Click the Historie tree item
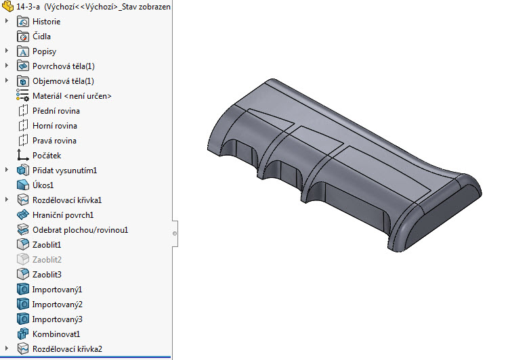tap(46, 22)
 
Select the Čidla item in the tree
tap(41, 37)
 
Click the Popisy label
tap(44, 51)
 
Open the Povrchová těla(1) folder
tap(64, 66)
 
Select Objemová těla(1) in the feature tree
tap(63, 81)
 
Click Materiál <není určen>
tap(72, 96)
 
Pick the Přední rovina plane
tap(56, 111)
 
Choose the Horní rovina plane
tap(54, 126)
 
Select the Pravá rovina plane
tap(54, 141)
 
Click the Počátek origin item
tap(47, 156)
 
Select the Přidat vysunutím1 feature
tap(65, 171)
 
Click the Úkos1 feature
tap(43, 185)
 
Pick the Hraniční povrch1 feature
tap(63, 215)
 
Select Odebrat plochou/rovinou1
tap(80, 230)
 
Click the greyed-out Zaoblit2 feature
tap(47, 260)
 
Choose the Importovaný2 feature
tap(57, 305)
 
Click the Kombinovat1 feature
tap(56, 334)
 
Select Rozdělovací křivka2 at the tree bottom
tap(67, 349)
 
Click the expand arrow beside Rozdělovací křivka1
tap(7, 200)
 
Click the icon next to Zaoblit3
tap(22, 275)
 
